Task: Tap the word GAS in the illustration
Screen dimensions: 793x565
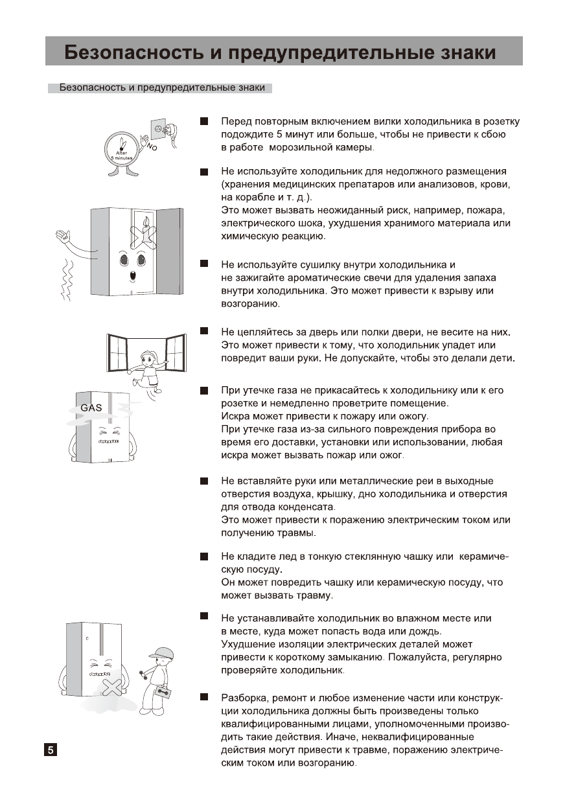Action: click(x=91, y=408)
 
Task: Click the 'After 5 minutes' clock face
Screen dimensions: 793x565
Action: click(x=122, y=150)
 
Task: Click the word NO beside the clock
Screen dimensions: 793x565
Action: click(x=152, y=148)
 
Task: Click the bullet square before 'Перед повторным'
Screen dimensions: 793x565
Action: click(x=204, y=121)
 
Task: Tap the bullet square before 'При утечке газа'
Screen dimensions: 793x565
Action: click(x=204, y=391)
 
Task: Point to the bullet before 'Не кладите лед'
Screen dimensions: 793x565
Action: click(x=204, y=556)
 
